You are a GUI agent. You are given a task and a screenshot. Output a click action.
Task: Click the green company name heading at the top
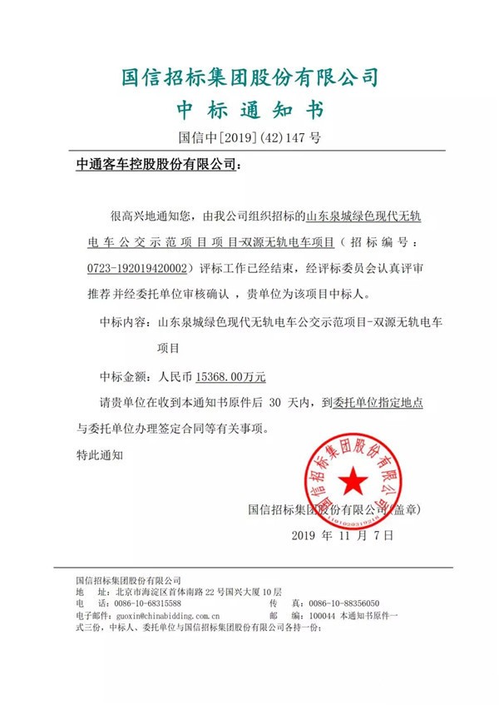(x=249, y=77)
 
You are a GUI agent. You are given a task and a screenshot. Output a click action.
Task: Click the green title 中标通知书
(x=249, y=110)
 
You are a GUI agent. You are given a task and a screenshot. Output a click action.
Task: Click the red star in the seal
(x=351, y=480)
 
